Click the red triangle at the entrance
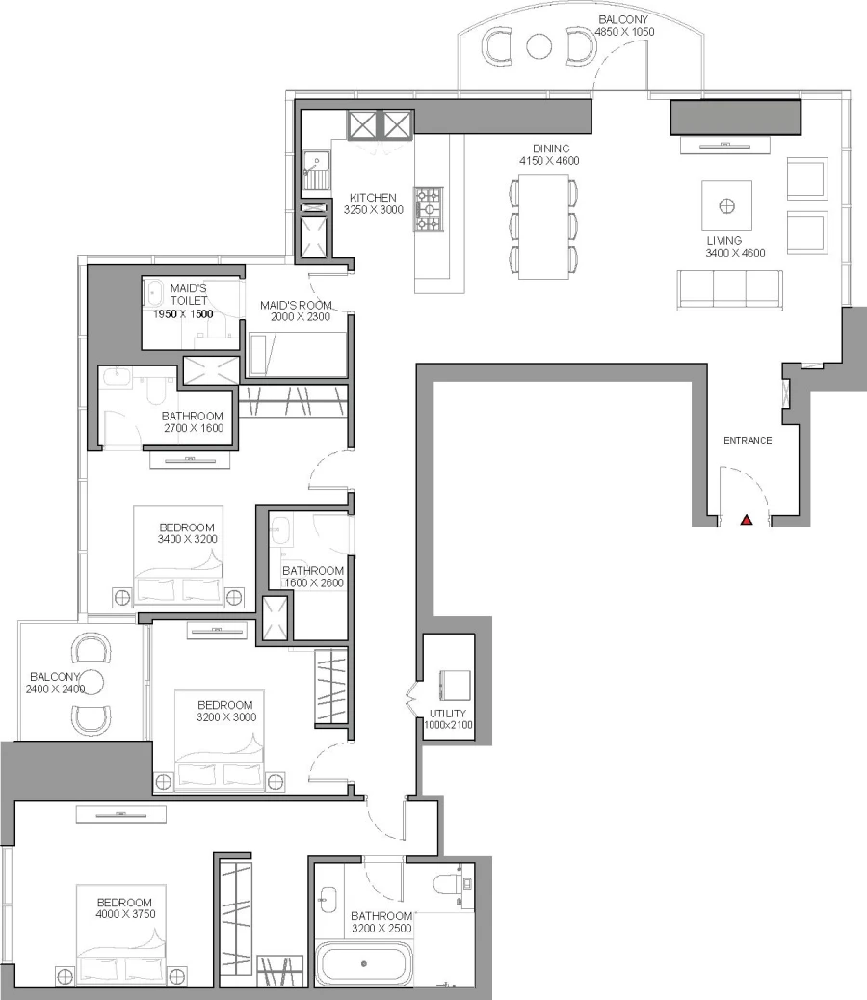point(746,521)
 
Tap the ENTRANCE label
point(748,441)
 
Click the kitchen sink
point(316,171)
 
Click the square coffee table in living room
point(727,204)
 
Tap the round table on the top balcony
point(539,45)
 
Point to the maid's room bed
point(297,355)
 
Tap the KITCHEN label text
point(373,198)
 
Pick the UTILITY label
point(448,714)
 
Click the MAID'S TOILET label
point(189,294)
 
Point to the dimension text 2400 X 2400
point(56,689)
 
